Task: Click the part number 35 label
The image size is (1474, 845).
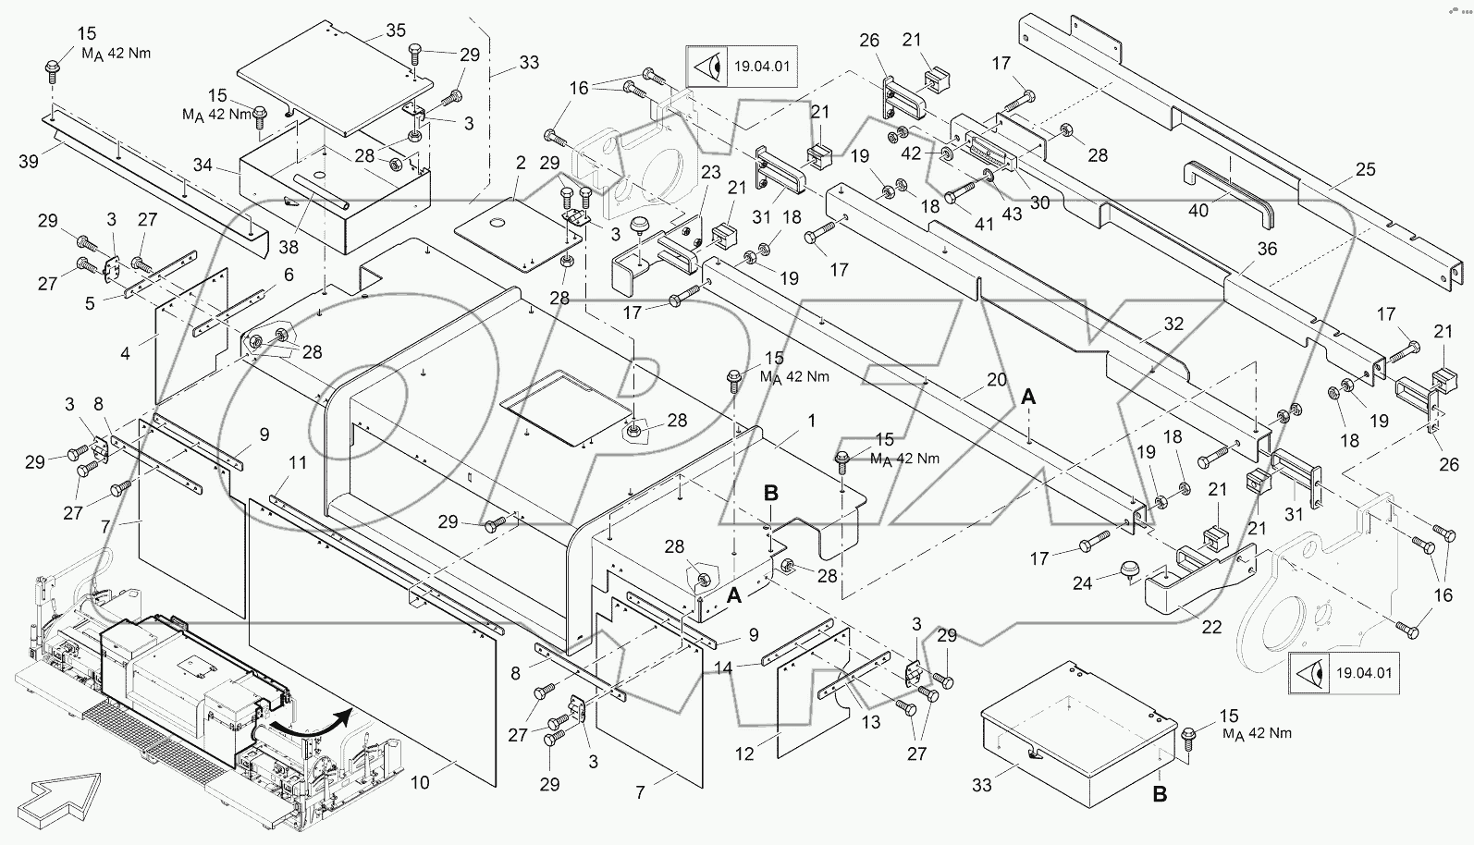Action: click(x=396, y=31)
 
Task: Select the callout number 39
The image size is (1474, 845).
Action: click(x=29, y=162)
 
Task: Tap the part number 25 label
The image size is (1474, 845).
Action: click(x=1365, y=169)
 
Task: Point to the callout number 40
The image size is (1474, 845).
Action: click(x=1198, y=211)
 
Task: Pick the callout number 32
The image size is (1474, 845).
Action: click(x=1173, y=325)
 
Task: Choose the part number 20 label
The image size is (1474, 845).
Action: click(x=996, y=379)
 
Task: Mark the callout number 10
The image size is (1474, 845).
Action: click(x=420, y=783)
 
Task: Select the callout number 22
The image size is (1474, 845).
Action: click(x=1211, y=627)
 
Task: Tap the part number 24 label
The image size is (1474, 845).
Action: click(x=1082, y=582)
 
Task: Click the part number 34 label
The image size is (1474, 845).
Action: click(x=203, y=165)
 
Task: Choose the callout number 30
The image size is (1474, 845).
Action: click(x=1040, y=202)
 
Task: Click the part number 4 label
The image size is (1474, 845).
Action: click(x=126, y=352)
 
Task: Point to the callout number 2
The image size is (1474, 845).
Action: click(x=521, y=163)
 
